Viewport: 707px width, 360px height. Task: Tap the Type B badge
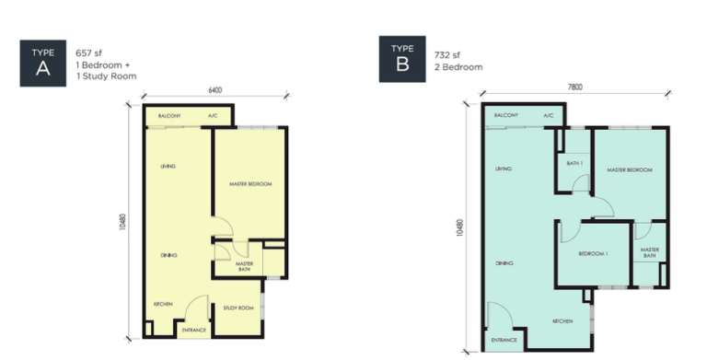(x=402, y=60)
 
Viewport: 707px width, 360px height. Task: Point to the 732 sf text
(x=447, y=54)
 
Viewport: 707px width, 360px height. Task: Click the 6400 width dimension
(x=215, y=91)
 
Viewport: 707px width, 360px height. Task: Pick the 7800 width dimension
(x=575, y=87)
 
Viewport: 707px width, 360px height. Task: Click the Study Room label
(x=238, y=308)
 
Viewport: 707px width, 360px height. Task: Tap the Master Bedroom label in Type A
(x=250, y=184)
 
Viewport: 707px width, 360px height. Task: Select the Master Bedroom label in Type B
(x=630, y=170)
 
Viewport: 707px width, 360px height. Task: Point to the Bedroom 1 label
(x=593, y=253)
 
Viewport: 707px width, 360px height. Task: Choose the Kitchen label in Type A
(x=163, y=304)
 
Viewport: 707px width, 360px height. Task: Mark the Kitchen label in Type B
(x=563, y=321)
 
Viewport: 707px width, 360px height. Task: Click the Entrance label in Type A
(x=193, y=329)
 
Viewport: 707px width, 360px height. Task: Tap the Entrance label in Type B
(x=504, y=341)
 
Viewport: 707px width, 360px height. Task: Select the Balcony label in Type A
(x=168, y=116)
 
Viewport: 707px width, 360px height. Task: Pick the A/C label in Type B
(x=549, y=116)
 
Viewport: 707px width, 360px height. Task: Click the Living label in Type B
(x=503, y=169)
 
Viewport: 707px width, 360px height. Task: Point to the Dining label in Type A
(x=168, y=255)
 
